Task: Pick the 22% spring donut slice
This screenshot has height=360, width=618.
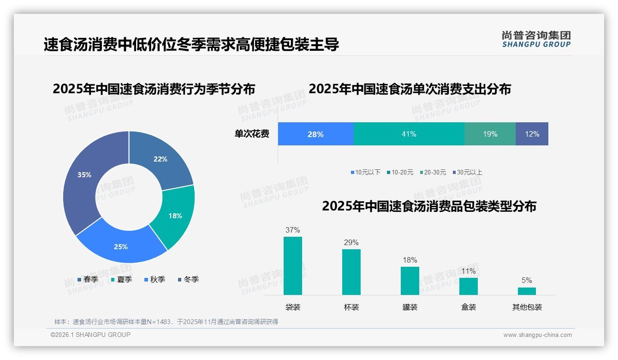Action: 160,159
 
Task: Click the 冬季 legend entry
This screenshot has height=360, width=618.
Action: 188,280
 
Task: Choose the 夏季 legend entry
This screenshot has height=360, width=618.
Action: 121,280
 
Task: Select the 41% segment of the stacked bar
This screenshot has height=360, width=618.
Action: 409,134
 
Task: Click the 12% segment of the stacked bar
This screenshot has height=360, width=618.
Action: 532,134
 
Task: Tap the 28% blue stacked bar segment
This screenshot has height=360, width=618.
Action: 315,134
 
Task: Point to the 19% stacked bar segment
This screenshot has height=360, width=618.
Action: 490,134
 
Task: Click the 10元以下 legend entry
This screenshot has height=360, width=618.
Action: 365,173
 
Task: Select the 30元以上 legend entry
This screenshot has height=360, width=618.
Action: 467,173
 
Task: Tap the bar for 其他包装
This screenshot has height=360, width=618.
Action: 527,291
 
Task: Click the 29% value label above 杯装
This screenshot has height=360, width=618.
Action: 351,243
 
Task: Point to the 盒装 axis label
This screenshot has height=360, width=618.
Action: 469,307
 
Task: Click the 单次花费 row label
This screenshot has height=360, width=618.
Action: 252,134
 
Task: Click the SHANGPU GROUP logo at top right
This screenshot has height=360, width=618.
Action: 536,39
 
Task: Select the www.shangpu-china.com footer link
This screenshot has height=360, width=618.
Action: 537,335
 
